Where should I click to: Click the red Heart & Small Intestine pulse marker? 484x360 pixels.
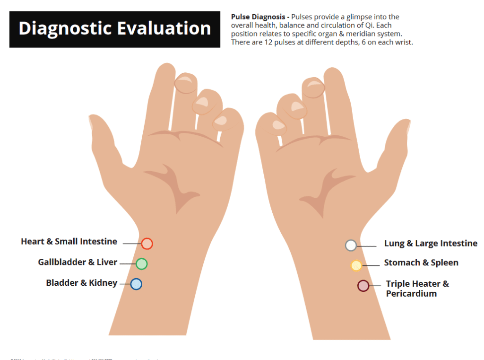click(x=147, y=244)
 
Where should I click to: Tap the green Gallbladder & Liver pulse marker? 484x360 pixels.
click(x=141, y=264)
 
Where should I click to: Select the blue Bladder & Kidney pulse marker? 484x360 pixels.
click(x=136, y=284)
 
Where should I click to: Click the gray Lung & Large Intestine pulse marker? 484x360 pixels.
click(x=351, y=245)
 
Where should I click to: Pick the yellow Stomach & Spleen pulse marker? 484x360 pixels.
click(x=356, y=265)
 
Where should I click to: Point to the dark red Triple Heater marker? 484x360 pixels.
click(x=363, y=286)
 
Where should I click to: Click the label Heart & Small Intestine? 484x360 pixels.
click(x=69, y=242)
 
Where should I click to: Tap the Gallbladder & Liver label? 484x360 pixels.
click(x=78, y=262)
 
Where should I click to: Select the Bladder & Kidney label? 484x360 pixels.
click(x=81, y=283)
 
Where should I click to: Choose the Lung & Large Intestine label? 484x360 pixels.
click(x=431, y=244)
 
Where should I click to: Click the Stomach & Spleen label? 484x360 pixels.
click(x=421, y=263)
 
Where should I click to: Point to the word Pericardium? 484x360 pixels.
click(x=411, y=294)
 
